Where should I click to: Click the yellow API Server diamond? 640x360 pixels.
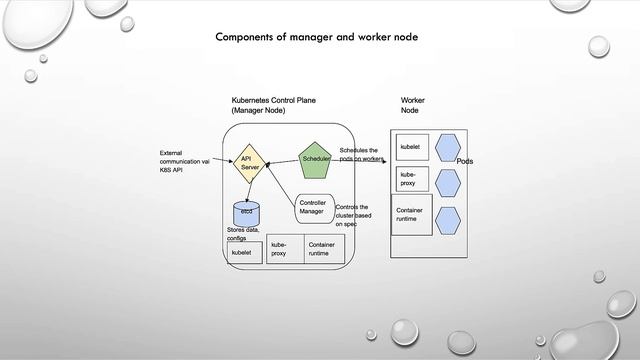click(x=250, y=163)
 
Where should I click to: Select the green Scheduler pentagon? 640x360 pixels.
click(x=316, y=159)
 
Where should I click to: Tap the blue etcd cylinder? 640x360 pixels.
click(x=246, y=212)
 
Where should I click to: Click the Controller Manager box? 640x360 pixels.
click(x=312, y=207)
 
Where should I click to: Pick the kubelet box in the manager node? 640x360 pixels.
click(x=245, y=252)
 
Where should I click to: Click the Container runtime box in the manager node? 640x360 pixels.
click(x=324, y=249)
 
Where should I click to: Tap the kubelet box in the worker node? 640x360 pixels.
click(x=412, y=147)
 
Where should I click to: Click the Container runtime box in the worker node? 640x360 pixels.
click(x=412, y=216)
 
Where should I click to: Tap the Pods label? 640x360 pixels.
click(x=465, y=161)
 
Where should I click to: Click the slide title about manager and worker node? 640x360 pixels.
click(x=316, y=37)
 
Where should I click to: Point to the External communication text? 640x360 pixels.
click(x=184, y=161)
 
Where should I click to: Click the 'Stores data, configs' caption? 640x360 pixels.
click(x=243, y=234)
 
